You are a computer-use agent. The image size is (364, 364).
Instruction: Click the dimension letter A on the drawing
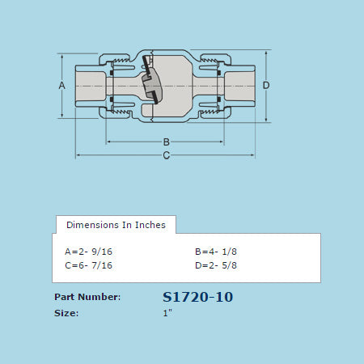tap(61, 86)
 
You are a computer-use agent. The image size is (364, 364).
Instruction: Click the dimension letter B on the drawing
tap(167, 142)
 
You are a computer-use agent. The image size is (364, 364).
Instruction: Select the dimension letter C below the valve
tap(167, 155)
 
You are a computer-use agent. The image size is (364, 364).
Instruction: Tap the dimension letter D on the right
tap(266, 86)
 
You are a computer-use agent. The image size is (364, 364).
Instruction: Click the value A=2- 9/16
tap(88, 252)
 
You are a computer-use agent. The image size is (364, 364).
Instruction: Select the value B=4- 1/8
tap(216, 252)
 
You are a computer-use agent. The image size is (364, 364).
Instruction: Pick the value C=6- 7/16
tap(88, 265)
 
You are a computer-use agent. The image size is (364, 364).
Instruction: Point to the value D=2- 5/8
tap(216, 265)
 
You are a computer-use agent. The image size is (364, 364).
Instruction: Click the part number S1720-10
tap(197, 297)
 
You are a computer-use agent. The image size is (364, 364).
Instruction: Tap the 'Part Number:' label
tap(87, 297)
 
